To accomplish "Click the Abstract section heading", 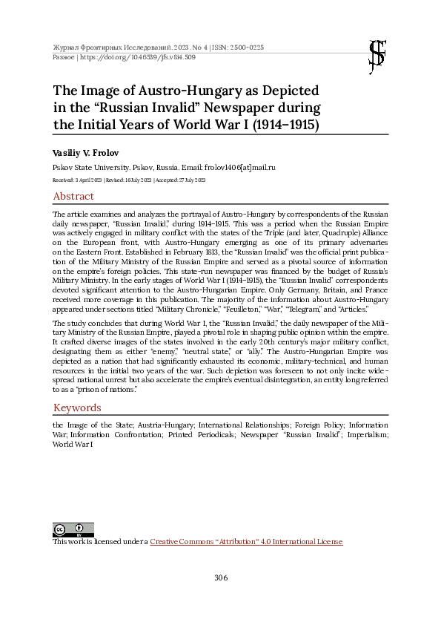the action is pos(73,197).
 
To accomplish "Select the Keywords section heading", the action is pos(77,408).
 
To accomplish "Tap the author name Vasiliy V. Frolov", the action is pos(85,153).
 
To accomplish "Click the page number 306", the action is pos(220,577).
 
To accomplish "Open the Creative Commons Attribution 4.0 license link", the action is pos(246,543).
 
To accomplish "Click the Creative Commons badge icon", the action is pos(63,530).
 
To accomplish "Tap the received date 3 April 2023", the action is pos(80,180).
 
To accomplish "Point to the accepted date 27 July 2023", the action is pos(188,180).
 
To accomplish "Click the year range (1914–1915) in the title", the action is pos(276,125).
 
